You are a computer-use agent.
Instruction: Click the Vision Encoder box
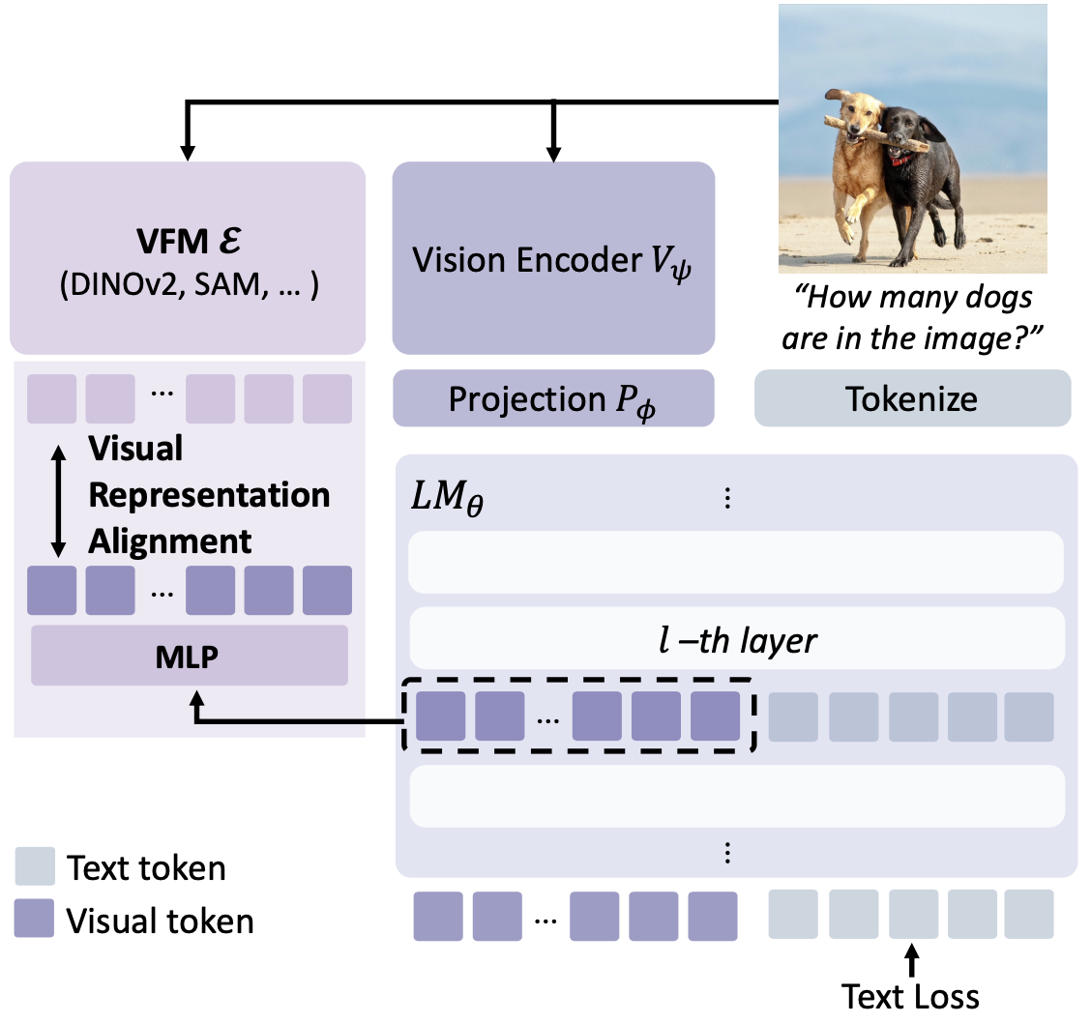(552, 258)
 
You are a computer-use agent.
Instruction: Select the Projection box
(552, 398)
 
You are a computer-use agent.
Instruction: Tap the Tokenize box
(911, 398)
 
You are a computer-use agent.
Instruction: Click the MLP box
(189, 657)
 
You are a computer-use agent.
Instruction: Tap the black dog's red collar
(901, 158)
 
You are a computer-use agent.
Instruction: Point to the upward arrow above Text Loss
(910, 961)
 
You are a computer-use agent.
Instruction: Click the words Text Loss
(910, 997)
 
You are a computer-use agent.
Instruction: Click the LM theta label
(447, 501)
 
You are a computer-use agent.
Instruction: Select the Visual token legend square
(40, 920)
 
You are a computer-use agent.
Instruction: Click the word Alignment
(170, 541)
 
